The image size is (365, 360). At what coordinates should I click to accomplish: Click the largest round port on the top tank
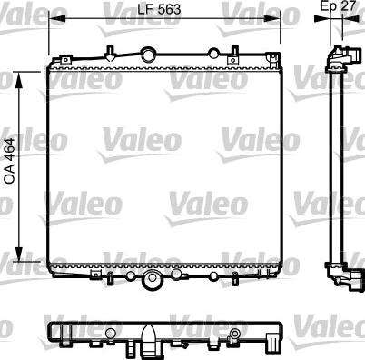pyautogui.click(x=147, y=51)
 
